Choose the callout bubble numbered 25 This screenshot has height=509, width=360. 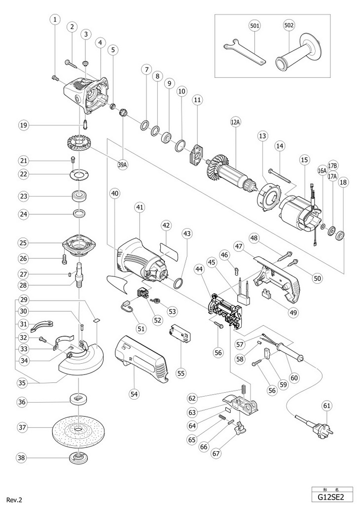coord(22,243)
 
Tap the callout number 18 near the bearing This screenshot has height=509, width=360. coord(343,182)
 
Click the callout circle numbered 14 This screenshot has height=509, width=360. coord(281,146)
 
